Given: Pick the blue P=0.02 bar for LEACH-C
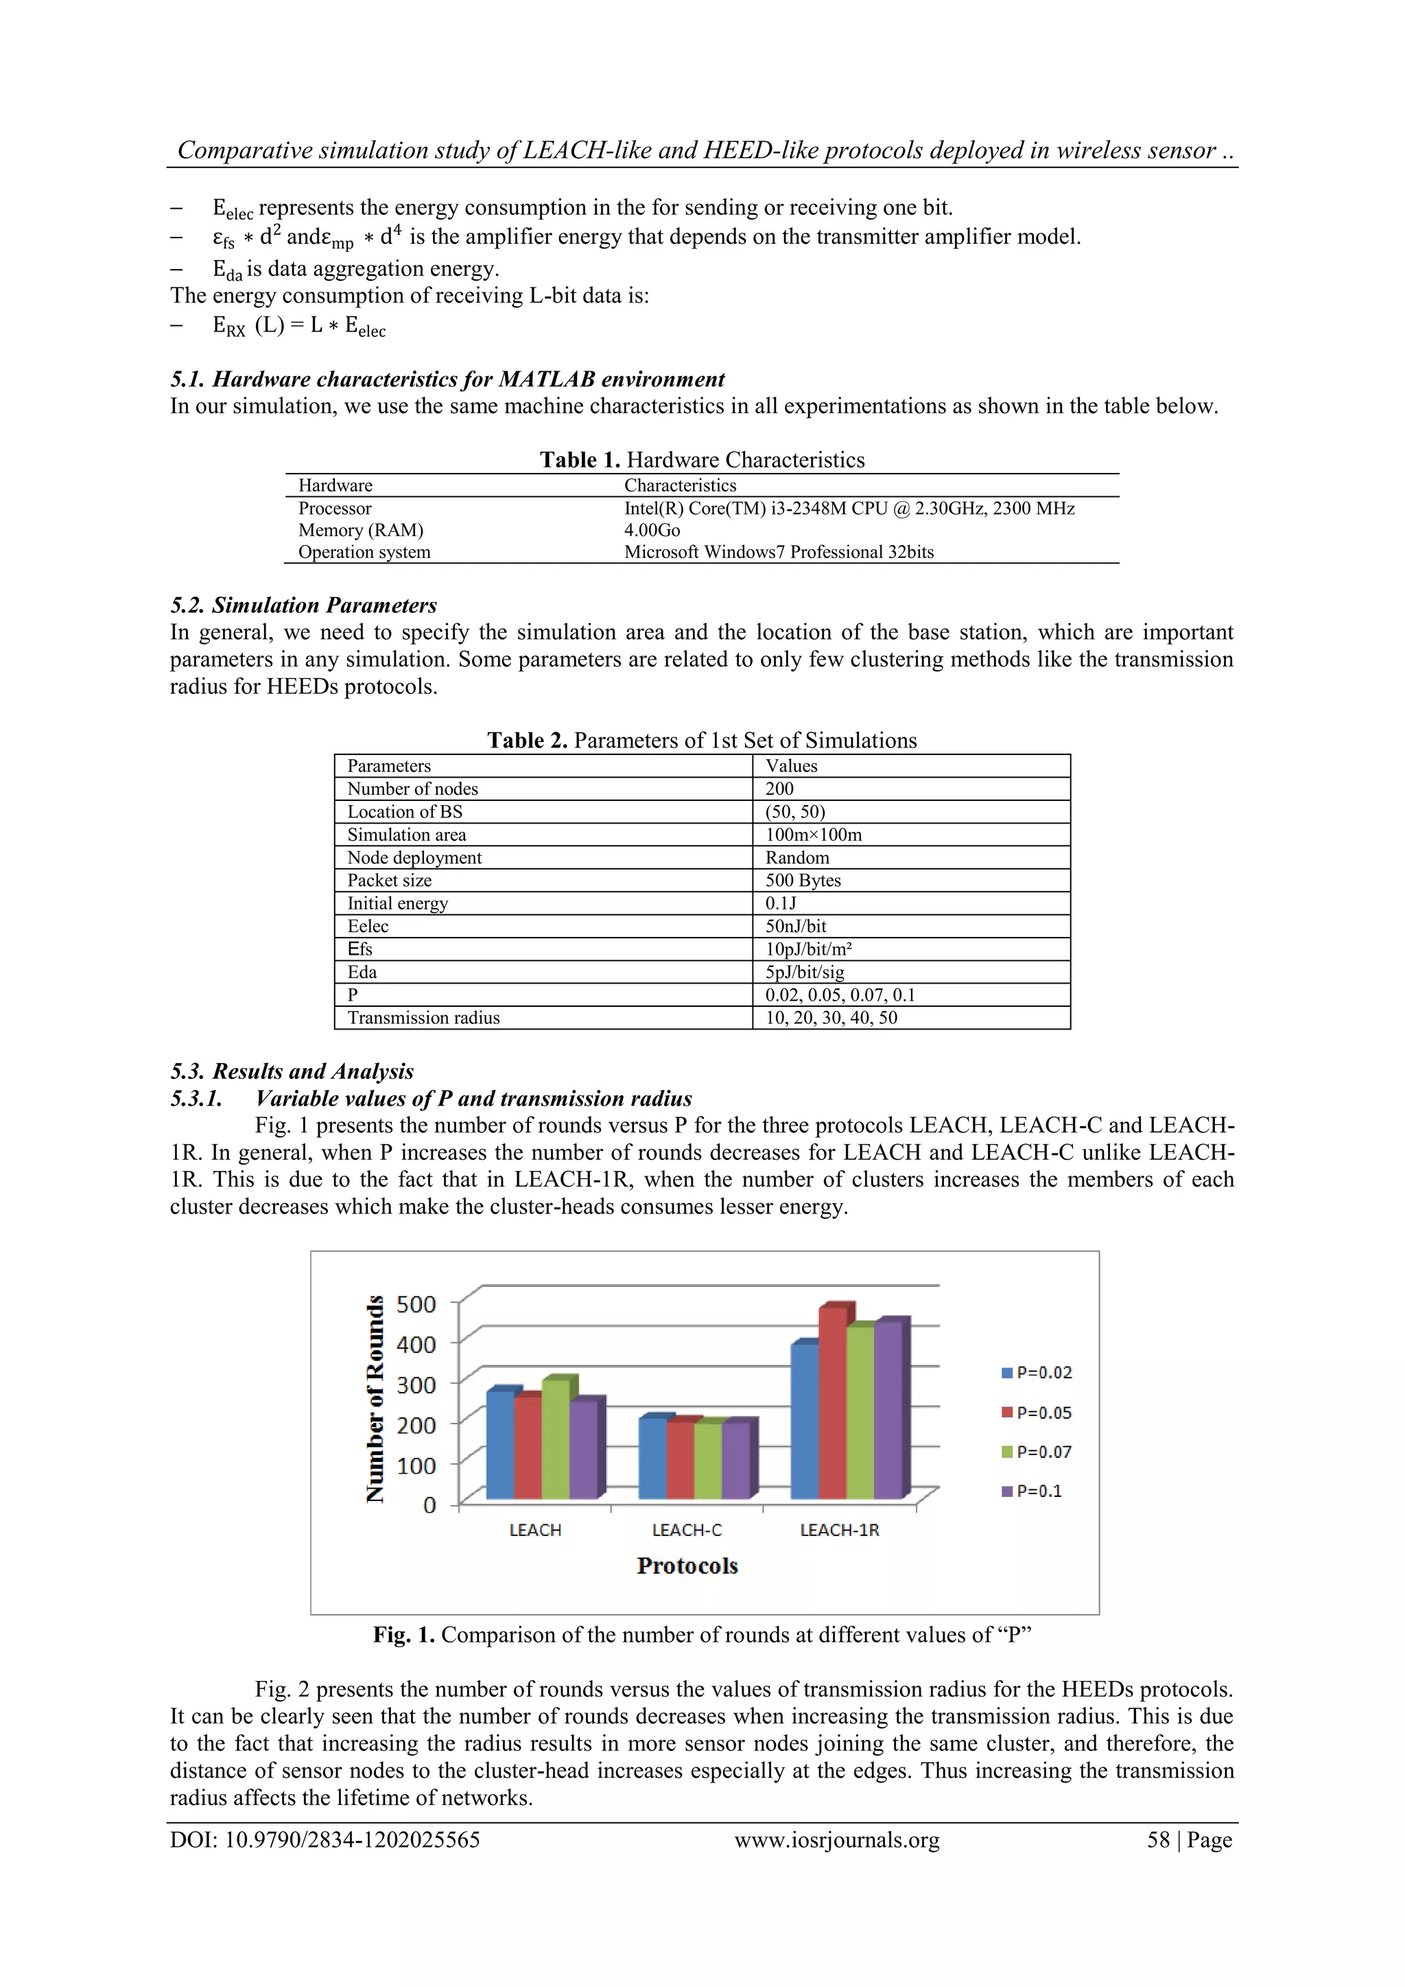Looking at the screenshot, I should [x=652, y=1459].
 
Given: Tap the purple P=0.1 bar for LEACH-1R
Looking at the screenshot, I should [x=888, y=1410].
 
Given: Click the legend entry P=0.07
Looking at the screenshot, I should [x=1037, y=1452].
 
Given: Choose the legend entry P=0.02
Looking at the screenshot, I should [x=1037, y=1373].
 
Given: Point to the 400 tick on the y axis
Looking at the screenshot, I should [x=416, y=1344].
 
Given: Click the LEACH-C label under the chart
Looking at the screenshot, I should [x=687, y=1530].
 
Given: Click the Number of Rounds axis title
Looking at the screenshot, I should [x=375, y=1399].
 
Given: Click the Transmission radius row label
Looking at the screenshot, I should [x=423, y=1018].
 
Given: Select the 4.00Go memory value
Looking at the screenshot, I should [x=652, y=530].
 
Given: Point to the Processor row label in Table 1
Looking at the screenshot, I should [x=335, y=508].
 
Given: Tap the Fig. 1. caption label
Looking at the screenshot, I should [x=404, y=1635].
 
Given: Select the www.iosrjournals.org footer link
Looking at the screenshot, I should [x=836, y=1839].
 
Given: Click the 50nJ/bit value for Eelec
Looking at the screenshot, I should [x=795, y=926].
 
